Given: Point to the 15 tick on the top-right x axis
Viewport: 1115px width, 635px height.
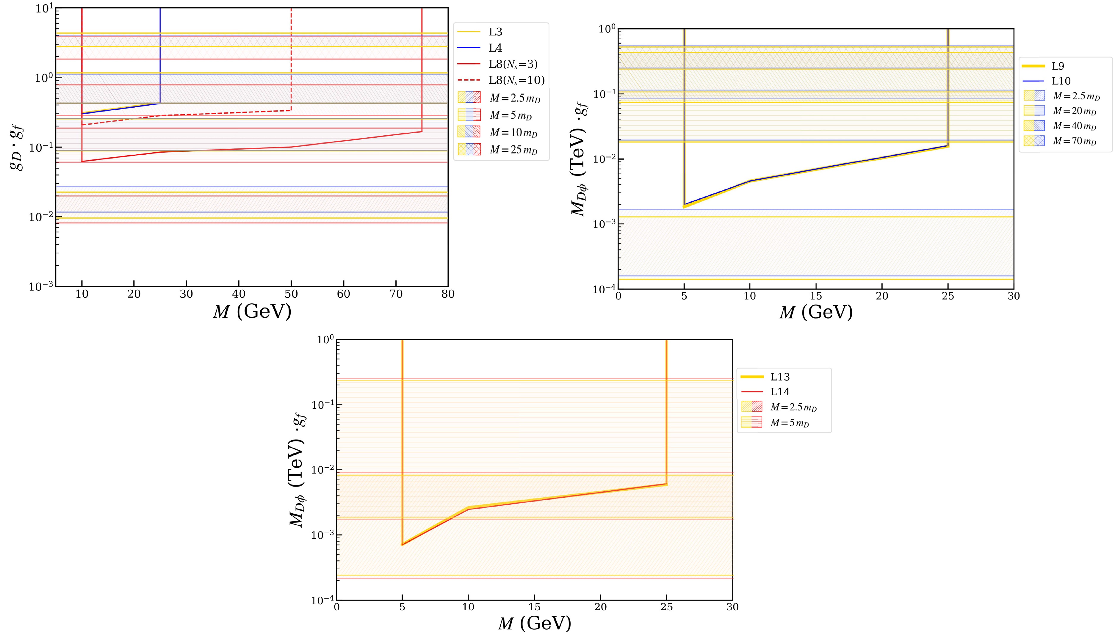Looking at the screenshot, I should (x=816, y=297).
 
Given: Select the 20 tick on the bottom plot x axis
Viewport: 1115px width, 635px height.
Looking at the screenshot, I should (x=600, y=607).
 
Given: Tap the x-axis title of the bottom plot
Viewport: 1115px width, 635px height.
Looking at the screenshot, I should (x=534, y=624).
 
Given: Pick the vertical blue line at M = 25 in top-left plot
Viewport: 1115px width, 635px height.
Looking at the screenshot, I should (x=160, y=52).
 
